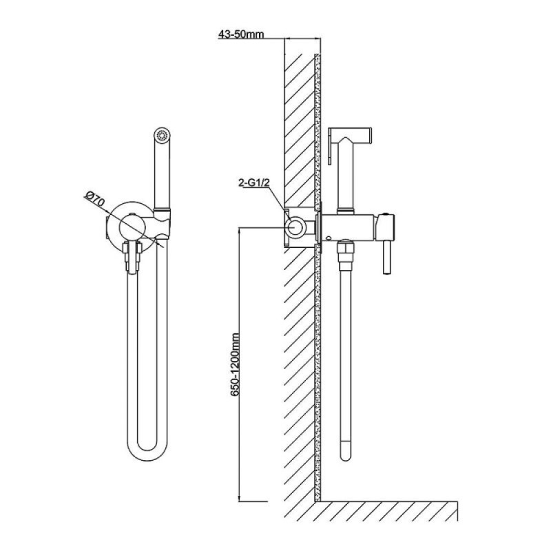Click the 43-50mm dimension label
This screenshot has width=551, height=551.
(241, 34)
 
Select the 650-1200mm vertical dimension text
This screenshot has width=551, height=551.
(235, 365)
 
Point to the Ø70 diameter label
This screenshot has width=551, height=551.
(95, 198)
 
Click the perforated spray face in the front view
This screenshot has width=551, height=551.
(162, 135)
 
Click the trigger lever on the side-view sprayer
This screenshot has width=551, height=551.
(330, 148)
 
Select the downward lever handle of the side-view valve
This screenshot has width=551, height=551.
(386, 256)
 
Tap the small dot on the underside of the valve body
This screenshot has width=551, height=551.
(328, 238)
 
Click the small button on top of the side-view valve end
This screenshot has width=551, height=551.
(386, 214)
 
